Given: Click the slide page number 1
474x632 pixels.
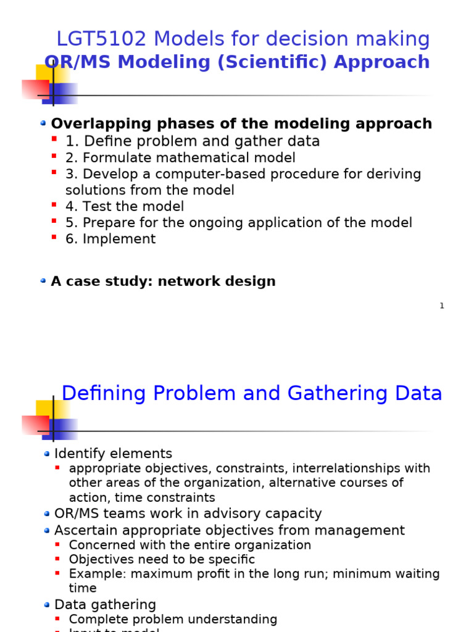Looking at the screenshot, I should click(x=442, y=306).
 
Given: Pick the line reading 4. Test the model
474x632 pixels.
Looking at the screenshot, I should click(x=125, y=207).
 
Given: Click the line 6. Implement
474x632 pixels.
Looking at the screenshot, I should click(x=110, y=239).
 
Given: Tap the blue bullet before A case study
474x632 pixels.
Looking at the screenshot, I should click(x=43, y=281).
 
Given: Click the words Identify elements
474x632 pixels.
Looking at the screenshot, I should click(x=113, y=454).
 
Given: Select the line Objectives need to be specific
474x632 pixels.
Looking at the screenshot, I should click(x=162, y=560).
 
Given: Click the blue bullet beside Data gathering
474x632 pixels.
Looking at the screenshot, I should click(x=47, y=604).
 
